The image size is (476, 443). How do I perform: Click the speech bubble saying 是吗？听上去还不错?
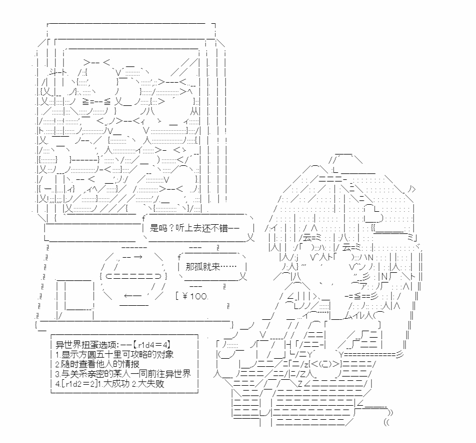pos(198,228)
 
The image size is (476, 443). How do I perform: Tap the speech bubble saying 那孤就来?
pos(212,266)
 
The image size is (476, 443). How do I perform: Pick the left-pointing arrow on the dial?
pos(133,295)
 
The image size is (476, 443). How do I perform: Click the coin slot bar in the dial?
pos(133,276)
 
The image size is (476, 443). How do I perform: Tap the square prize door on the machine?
pos(76,296)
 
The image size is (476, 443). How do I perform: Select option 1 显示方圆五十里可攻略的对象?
pos(115,354)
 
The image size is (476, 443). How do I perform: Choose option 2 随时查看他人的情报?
pos(97,364)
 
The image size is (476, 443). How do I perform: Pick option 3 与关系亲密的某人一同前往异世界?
pos(123,374)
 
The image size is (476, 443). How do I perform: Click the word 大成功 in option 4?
pos(116,384)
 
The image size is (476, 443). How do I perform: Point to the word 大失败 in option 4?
pos(151,384)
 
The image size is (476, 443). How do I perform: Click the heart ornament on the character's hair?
pos(373,214)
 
